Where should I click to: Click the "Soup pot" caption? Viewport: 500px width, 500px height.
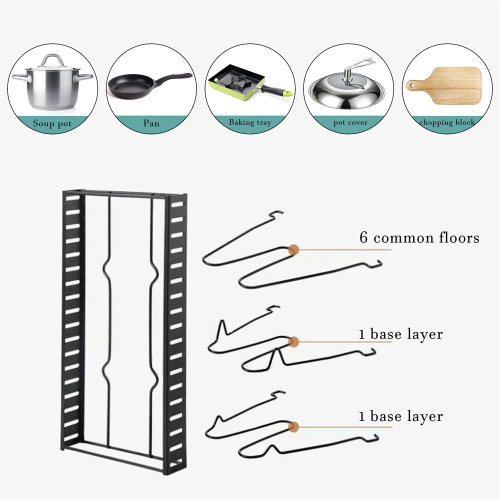tap(52, 123)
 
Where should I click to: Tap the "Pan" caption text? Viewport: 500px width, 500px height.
tap(151, 123)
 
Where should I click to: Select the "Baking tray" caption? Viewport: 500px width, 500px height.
tap(250, 122)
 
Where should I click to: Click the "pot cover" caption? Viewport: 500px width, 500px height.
tap(350, 122)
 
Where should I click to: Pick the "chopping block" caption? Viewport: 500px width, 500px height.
tap(447, 122)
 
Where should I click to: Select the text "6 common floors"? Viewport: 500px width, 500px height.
tap(419, 237)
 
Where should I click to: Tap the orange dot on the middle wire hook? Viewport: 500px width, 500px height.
tap(293, 341)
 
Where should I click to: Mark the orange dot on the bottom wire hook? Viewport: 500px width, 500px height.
tap(295, 426)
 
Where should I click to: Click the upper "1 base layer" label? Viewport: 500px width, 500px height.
tap(400, 334)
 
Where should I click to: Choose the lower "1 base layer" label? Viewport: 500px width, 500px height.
tap(400, 416)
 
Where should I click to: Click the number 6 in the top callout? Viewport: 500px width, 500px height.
tap(364, 237)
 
